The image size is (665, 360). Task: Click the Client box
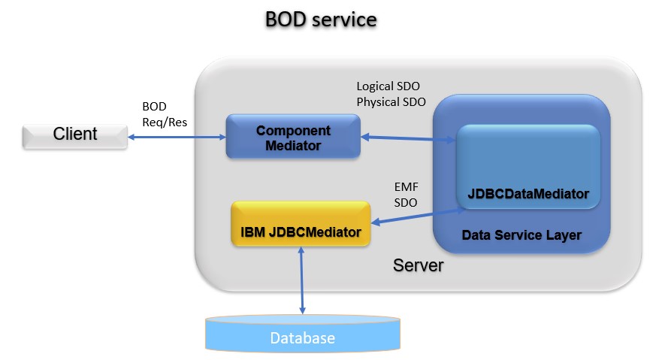(74, 135)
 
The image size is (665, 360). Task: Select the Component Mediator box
(293, 137)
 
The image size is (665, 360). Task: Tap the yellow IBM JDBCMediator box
(301, 223)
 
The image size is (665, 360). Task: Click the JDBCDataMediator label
(528, 194)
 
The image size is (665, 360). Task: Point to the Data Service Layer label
(521, 235)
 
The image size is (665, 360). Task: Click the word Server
(418, 265)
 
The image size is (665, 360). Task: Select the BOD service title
(321, 20)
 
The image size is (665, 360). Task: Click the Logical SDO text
(388, 86)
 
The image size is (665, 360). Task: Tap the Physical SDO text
(391, 101)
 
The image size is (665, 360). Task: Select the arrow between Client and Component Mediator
(177, 137)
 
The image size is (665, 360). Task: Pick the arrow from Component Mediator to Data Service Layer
(407, 138)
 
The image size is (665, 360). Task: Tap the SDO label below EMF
(406, 202)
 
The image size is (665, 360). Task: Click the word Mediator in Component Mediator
(293, 144)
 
